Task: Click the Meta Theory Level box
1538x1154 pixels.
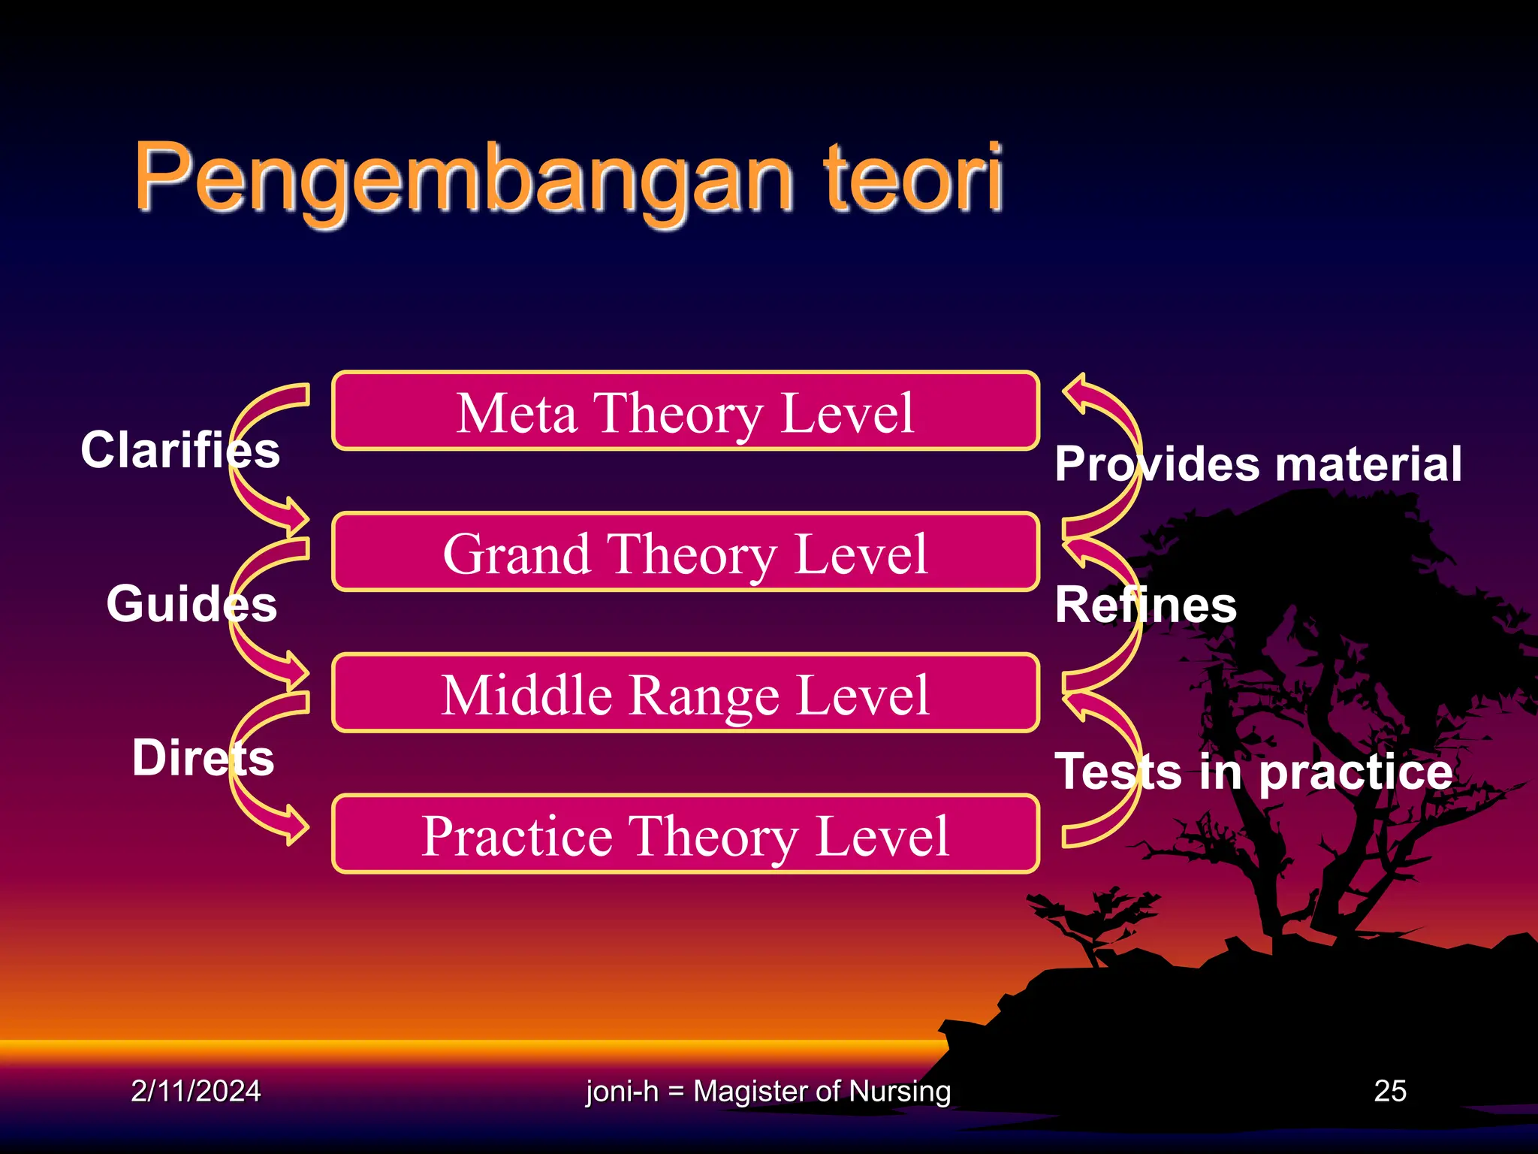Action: coord(685,412)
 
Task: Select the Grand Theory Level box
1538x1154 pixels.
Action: coord(685,553)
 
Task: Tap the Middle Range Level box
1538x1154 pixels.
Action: coord(685,693)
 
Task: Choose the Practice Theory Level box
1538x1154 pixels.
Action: coord(685,835)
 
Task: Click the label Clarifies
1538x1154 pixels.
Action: coord(180,450)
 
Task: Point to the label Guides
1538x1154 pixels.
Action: coord(191,603)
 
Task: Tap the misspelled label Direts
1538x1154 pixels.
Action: coord(203,757)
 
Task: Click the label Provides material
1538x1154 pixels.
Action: coord(1258,464)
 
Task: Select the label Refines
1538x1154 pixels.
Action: coord(1145,605)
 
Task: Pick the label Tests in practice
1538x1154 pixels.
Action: coord(1254,772)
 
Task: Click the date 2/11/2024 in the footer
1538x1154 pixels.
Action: coord(195,1091)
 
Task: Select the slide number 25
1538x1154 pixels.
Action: coord(1390,1091)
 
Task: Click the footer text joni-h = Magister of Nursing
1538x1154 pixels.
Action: coord(767,1091)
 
